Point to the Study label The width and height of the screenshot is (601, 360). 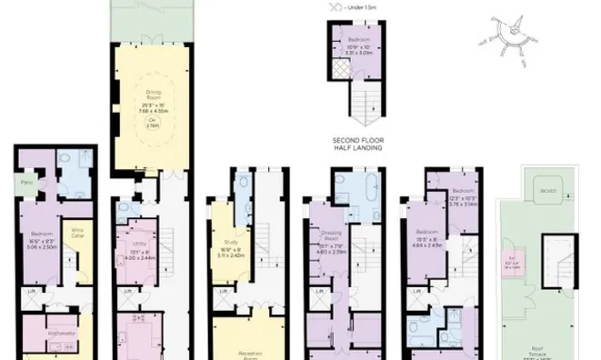(230, 243)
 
